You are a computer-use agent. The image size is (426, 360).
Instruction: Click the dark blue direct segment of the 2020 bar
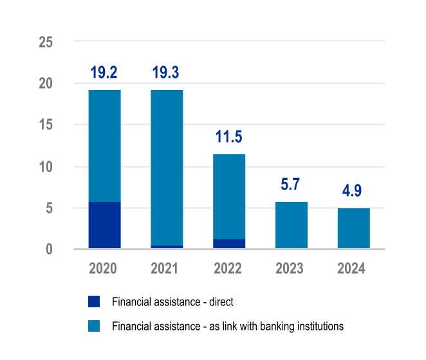pos(104,225)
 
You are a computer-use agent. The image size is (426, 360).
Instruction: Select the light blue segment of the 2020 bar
pos(104,146)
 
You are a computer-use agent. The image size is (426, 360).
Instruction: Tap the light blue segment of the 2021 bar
pos(167,167)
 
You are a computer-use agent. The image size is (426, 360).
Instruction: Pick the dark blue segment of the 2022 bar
pos(229,244)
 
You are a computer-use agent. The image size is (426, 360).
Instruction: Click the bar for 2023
pos(291,225)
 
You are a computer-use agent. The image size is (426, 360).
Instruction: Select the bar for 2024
pos(353,228)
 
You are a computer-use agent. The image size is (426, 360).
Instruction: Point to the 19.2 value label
pos(104,73)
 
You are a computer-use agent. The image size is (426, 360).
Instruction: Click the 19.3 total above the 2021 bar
pos(167,73)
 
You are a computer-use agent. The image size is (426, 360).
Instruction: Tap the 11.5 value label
pos(229,137)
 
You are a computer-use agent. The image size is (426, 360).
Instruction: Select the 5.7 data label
pos(291,185)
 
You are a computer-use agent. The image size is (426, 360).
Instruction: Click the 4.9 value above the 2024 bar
pos(353,192)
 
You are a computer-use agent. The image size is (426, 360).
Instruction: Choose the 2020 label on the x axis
pos(104,269)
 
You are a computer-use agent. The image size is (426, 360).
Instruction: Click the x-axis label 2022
pos(229,269)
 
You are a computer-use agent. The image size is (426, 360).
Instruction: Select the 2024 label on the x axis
pos(353,269)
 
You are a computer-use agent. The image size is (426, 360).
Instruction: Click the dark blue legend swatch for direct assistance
pos(93,302)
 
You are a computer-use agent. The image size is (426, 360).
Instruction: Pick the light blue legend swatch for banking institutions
pos(93,326)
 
